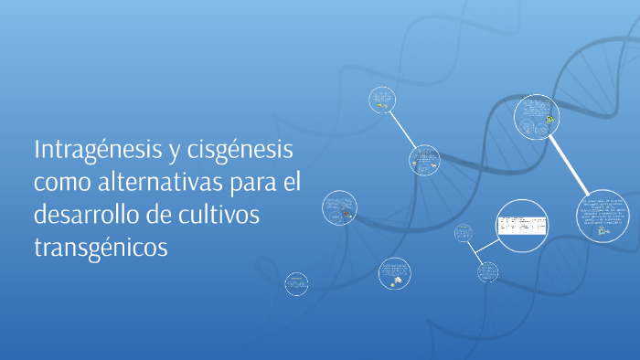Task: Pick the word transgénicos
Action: coord(101,248)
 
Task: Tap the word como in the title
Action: coord(60,182)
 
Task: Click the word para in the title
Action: coord(244,182)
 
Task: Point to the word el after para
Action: coord(290,182)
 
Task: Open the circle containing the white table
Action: coord(522,225)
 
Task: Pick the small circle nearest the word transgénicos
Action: coord(295,284)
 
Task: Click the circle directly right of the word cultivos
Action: coord(339,208)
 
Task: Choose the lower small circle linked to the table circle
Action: coord(487,270)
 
